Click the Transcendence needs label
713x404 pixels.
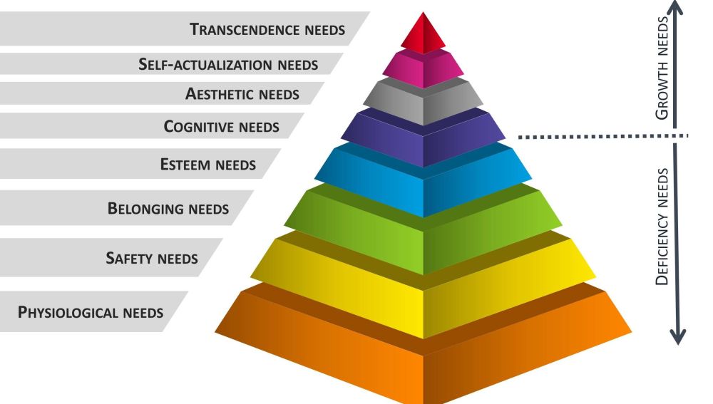(267, 30)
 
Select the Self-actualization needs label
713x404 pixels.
(228, 65)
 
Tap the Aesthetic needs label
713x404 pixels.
(242, 94)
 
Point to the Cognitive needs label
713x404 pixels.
(221, 128)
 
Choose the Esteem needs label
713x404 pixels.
(207, 165)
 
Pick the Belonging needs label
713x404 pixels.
(168, 209)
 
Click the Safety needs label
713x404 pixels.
(151, 257)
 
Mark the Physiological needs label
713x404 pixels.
(91, 312)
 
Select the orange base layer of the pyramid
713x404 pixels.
(424, 363)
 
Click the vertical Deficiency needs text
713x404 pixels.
(662, 227)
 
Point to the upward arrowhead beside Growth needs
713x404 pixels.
(677, 9)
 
